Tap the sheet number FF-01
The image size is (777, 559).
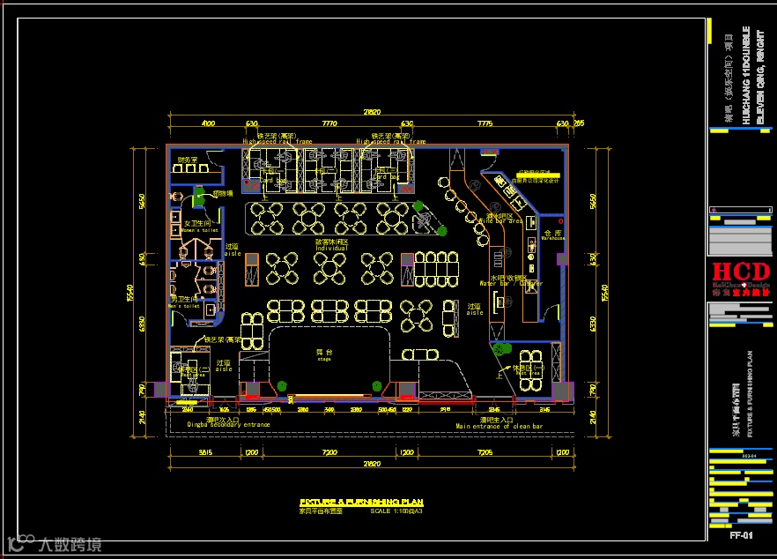tap(740, 535)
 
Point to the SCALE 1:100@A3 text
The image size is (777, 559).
tap(396, 511)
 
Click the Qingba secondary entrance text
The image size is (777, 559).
tap(229, 425)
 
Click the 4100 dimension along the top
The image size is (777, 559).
tap(209, 124)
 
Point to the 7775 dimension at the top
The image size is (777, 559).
tap(485, 124)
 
